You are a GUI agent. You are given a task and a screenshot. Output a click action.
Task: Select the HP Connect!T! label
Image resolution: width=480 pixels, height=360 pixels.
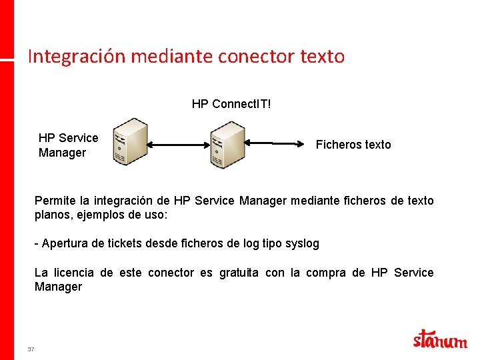point(231,104)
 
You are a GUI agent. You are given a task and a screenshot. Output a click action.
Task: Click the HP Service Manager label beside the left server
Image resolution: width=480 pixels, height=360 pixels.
point(68,145)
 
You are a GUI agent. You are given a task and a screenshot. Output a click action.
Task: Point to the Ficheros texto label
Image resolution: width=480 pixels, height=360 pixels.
point(353,145)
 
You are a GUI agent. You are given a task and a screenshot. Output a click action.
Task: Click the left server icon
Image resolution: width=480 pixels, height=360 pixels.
point(129,142)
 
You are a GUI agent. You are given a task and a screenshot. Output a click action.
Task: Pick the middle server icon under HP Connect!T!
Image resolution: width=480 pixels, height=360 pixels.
point(227,144)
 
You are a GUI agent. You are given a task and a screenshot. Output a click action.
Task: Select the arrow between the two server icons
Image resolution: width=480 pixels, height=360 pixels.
point(178,143)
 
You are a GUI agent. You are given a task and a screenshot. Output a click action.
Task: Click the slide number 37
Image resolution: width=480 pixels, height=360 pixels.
point(31,349)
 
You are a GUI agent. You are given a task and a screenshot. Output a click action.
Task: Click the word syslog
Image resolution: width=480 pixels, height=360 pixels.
point(302,243)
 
